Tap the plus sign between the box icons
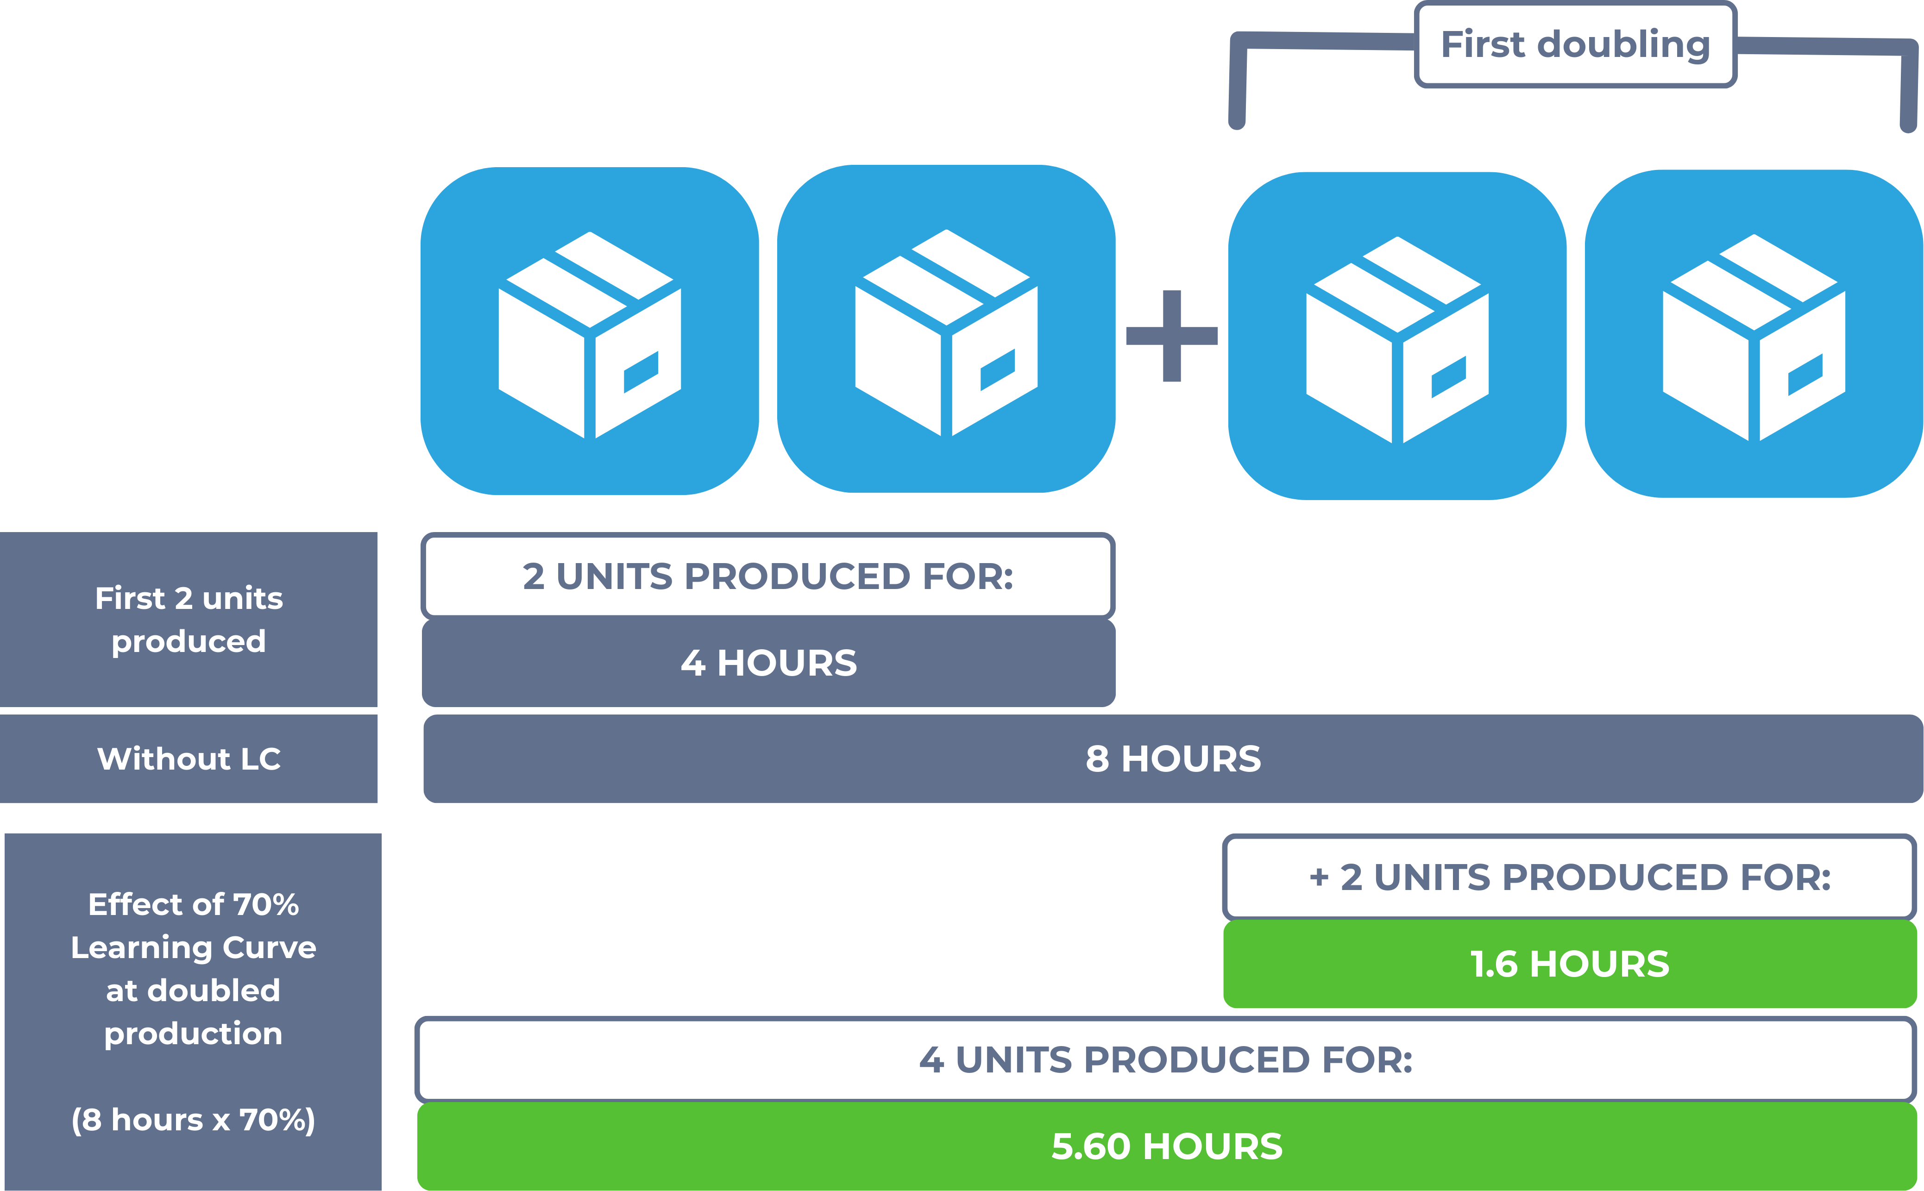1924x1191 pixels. tap(1171, 336)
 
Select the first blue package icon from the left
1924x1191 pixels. tap(589, 331)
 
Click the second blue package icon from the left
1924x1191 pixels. tap(946, 328)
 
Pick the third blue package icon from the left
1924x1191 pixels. tap(1397, 336)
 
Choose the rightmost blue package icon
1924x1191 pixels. tap(1754, 333)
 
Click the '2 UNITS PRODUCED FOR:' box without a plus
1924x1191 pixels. tap(768, 576)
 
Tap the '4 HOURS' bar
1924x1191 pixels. tap(768, 663)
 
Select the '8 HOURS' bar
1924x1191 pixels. tap(1173, 758)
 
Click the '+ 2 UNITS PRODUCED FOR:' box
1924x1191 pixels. tap(1570, 877)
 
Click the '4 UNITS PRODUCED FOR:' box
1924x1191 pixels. tap(1166, 1059)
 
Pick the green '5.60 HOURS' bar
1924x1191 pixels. tap(1167, 1146)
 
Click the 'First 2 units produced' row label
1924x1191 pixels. tap(189, 619)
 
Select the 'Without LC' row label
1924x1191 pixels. tap(189, 758)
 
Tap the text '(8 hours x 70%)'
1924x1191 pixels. tap(193, 1119)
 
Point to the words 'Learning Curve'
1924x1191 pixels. tap(193, 947)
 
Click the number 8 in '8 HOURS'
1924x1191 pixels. tap(1098, 758)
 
